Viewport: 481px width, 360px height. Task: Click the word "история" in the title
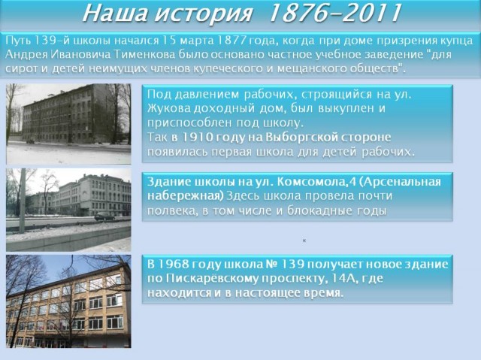coord(204,14)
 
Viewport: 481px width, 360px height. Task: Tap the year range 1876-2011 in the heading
coord(334,14)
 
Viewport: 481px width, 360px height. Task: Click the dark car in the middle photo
coord(104,216)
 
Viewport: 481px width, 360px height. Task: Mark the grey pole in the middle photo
coord(23,201)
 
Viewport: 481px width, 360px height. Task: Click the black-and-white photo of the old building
coord(68,124)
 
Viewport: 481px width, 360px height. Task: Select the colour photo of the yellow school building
coord(68,301)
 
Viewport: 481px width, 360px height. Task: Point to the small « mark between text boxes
coord(304,241)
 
